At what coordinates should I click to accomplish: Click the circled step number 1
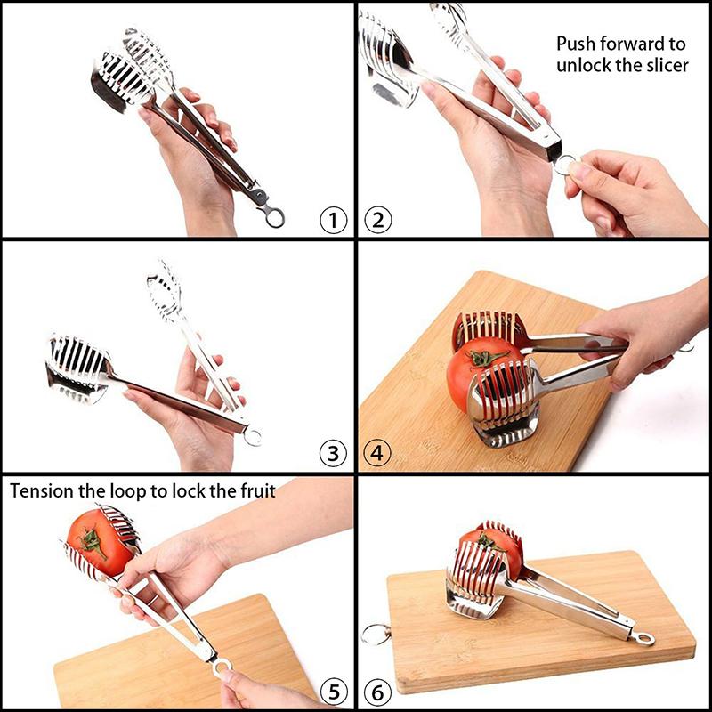(333, 219)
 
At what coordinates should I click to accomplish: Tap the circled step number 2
(377, 219)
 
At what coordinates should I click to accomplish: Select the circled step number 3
(333, 454)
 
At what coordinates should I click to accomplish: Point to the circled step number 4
(377, 454)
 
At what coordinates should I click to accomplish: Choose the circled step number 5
(333, 690)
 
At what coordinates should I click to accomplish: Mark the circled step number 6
(377, 690)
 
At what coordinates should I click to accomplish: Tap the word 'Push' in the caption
(577, 43)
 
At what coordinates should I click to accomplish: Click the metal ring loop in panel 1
(274, 216)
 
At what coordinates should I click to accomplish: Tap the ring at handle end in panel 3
(254, 436)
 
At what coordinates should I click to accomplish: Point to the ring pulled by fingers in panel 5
(220, 665)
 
